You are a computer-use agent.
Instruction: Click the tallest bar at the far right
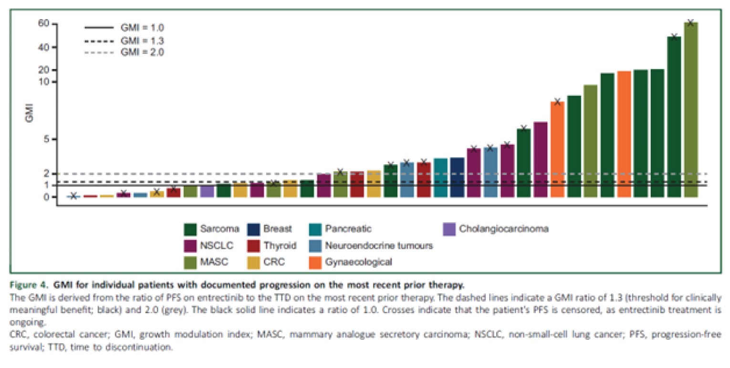click(690, 110)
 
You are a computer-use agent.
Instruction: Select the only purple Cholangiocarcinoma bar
click(207, 191)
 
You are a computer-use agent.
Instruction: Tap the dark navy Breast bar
click(457, 177)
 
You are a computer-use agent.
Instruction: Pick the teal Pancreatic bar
click(440, 178)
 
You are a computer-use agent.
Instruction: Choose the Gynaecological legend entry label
click(358, 262)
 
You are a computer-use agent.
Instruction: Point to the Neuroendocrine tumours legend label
click(379, 246)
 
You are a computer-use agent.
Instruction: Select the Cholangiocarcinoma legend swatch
click(450, 229)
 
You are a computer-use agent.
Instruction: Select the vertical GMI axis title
click(29, 115)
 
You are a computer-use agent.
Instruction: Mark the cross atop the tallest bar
click(690, 22)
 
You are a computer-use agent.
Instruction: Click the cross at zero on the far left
click(73, 196)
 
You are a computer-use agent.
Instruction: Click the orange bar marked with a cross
click(557, 149)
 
